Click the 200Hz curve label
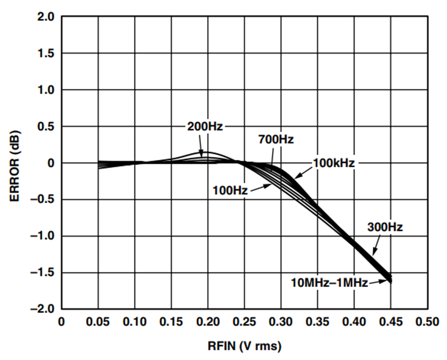205,126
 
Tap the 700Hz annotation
276,140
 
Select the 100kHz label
334,163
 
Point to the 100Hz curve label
230,190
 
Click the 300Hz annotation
385,227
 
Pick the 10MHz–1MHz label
329,283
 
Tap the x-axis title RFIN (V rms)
244,346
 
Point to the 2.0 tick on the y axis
46,17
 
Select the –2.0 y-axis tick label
42,309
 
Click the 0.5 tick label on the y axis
46,127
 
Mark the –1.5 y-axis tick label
42,273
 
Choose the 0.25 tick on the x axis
244,322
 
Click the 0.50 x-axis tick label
427,322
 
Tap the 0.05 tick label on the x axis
98,322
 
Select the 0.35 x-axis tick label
317,322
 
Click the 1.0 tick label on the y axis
46,90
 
